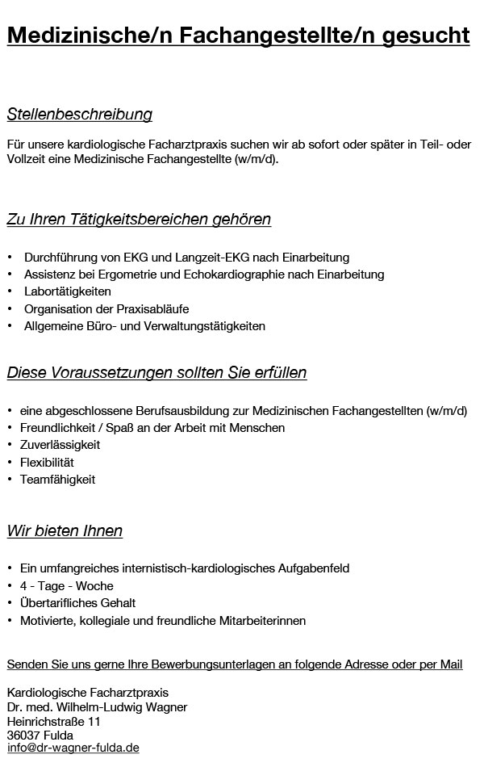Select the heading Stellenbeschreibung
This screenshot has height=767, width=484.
[79, 115]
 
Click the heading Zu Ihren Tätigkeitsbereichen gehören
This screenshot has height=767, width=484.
[139, 220]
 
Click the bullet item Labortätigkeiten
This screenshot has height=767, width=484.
[68, 291]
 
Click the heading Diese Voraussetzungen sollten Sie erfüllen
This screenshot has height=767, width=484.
[156, 373]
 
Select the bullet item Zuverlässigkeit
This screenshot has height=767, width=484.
[60, 445]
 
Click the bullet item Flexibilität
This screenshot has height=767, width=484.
[48, 463]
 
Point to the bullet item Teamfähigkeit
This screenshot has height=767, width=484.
[58, 480]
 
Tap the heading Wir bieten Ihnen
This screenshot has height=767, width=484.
[65, 531]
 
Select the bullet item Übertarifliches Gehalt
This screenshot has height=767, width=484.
[77, 603]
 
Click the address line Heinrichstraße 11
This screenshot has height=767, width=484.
[54, 721]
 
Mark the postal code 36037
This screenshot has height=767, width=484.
[22, 736]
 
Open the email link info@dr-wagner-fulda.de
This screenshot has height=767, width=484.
[73, 749]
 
